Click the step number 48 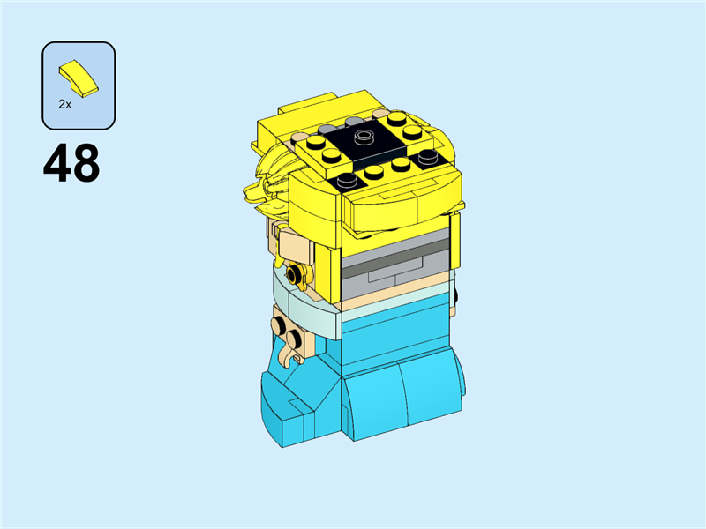tap(71, 164)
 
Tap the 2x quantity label tap(65, 104)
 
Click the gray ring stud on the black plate tap(364, 138)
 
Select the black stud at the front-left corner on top tap(348, 180)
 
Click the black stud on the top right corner tap(430, 157)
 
